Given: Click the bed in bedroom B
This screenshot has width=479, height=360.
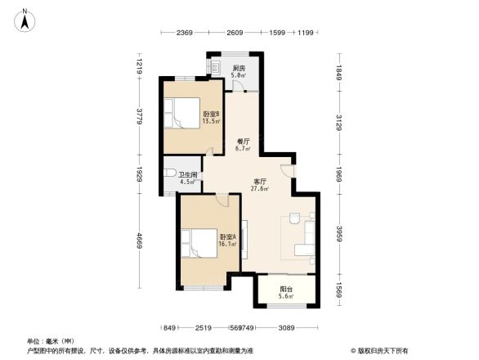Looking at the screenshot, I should (181, 112).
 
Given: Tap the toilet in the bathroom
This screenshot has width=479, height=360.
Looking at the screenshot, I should (170, 173).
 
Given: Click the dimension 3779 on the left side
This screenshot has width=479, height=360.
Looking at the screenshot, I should (140, 117).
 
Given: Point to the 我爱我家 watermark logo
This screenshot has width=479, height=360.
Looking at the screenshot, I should (381, 350).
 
